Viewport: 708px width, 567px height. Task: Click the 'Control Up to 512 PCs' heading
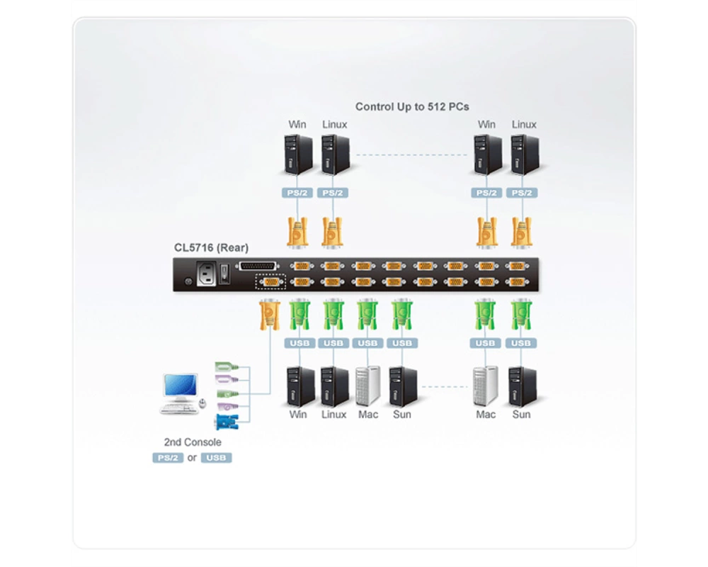tap(412, 107)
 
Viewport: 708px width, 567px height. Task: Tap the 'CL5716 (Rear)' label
tap(211, 248)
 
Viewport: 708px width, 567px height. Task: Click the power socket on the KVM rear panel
tap(206, 274)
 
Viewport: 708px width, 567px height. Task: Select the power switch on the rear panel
tap(224, 274)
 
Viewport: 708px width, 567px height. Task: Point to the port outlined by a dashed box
tap(270, 281)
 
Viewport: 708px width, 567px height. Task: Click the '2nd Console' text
tap(193, 442)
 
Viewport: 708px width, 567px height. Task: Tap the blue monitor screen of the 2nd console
tap(180, 385)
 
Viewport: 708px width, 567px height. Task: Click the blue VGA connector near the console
tap(227, 422)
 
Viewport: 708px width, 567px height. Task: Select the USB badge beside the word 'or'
tap(216, 458)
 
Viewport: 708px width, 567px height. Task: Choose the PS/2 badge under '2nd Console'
tap(168, 458)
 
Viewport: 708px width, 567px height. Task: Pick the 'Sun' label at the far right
tap(521, 415)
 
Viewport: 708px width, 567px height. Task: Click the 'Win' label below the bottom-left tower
tap(298, 415)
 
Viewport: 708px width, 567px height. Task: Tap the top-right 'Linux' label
tap(524, 125)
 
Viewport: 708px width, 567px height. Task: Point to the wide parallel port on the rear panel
tap(257, 266)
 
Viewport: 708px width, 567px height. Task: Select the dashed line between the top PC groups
tap(411, 155)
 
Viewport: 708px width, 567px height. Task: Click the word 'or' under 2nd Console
tap(192, 458)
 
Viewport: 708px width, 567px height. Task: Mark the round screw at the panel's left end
tap(189, 281)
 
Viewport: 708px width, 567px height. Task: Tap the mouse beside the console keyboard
tap(202, 403)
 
